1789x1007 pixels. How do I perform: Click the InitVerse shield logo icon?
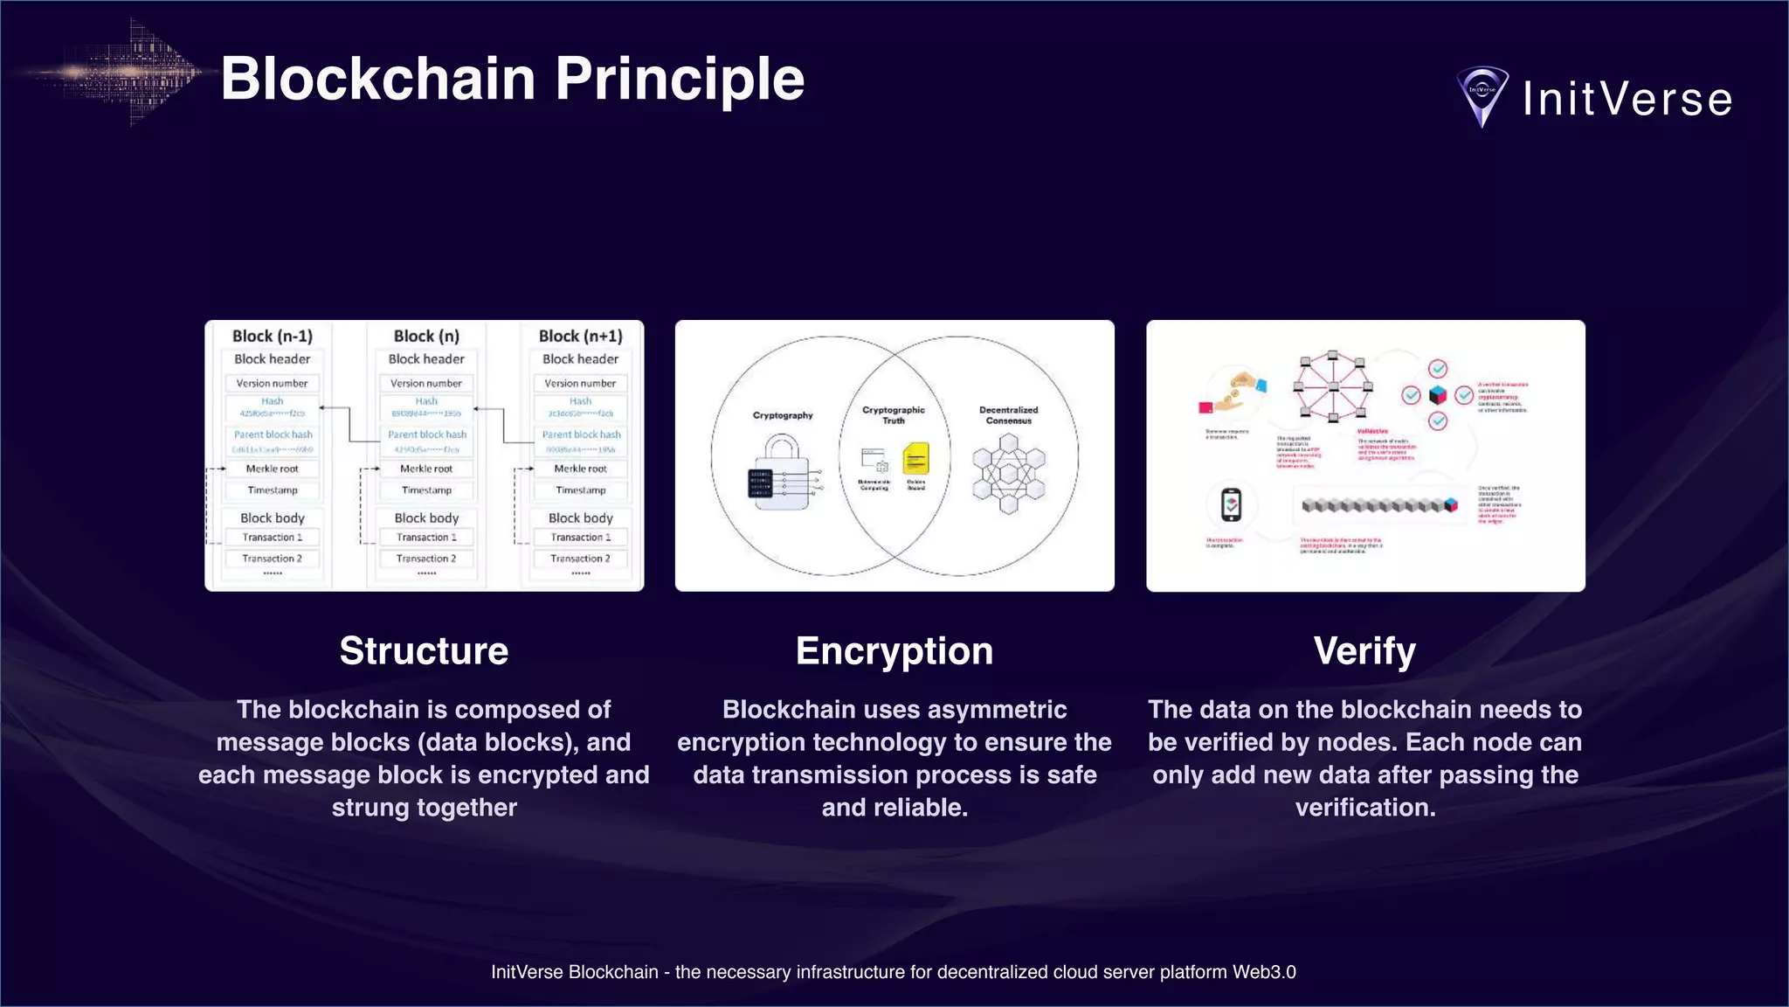(x=1482, y=96)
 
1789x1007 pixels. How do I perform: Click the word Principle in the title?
(x=680, y=80)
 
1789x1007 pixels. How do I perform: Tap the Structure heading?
(x=424, y=651)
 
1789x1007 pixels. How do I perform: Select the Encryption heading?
(x=894, y=651)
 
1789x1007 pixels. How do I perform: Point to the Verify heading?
(x=1364, y=651)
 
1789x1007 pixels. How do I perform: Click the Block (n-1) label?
(x=272, y=337)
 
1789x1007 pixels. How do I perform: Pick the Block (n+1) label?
(x=581, y=337)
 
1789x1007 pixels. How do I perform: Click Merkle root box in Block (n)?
(x=426, y=469)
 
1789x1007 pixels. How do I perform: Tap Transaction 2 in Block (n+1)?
(x=581, y=559)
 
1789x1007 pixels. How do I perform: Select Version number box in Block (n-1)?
(x=272, y=383)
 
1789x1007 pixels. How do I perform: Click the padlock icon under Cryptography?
(x=783, y=476)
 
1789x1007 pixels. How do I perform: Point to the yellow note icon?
(x=915, y=459)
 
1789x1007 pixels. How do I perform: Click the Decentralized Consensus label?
(x=1009, y=415)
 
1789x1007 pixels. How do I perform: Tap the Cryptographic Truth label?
(x=893, y=415)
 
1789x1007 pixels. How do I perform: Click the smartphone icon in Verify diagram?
(x=1231, y=504)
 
